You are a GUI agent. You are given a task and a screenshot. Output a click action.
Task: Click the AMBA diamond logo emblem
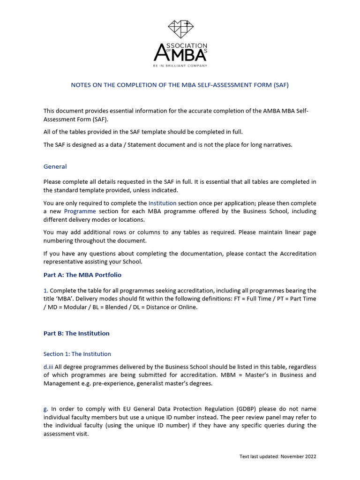[x=180, y=30]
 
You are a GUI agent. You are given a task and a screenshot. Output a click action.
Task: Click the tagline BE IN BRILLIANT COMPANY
[x=180, y=66]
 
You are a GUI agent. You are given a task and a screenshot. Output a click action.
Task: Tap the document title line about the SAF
[x=180, y=85]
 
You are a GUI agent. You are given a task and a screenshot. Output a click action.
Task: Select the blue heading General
[x=55, y=166]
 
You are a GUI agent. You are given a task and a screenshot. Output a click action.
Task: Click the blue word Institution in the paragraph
[x=162, y=203]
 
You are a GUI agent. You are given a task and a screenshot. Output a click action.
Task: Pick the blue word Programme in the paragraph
[x=80, y=211]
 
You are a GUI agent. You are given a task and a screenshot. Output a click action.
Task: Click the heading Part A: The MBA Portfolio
[x=82, y=275]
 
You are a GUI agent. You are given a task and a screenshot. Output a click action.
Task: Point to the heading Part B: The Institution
[x=76, y=333]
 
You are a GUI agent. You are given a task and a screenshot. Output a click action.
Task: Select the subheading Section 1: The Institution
[x=77, y=354]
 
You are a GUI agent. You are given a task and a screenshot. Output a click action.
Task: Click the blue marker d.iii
[x=49, y=367]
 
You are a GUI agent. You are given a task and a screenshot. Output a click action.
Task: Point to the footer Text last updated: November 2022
[x=278, y=456]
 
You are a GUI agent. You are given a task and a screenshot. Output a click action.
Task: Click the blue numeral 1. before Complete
[x=46, y=291]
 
